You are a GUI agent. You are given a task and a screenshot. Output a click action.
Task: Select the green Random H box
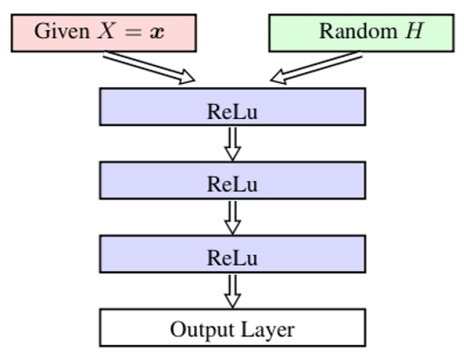pyautogui.click(x=361, y=32)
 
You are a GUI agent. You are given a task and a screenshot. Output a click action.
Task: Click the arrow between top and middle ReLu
pyautogui.click(x=232, y=144)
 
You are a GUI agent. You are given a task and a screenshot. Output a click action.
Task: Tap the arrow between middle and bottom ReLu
pyautogui.click(x=232, y=217)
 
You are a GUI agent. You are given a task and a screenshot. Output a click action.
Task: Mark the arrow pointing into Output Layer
pyautogui.click(x=232, y=290)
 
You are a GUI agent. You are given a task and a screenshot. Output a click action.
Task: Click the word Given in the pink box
pyautogui.click(x=58, y=32)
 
